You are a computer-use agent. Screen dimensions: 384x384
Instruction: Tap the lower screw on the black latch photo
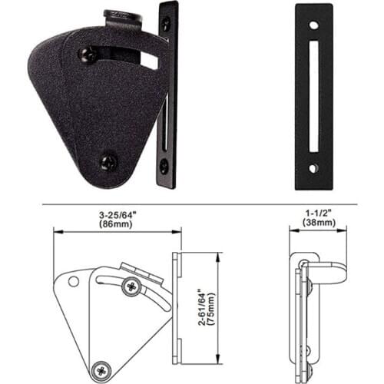point(109,161)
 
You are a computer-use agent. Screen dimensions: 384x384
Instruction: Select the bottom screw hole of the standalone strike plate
point(315,167)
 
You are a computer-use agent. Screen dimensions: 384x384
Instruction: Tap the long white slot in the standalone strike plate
point(315,96)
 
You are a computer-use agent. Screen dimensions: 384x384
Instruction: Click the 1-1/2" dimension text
point(316,217)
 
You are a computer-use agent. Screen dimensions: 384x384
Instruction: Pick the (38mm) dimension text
point(316,226)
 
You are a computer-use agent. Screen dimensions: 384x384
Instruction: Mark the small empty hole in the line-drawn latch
point(74,281)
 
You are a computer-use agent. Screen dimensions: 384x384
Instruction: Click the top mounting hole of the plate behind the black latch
point(165,24)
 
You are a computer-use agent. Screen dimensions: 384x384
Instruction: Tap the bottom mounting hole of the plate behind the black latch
point(164,164)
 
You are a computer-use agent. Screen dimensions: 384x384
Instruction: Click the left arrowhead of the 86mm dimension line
point(56,236)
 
